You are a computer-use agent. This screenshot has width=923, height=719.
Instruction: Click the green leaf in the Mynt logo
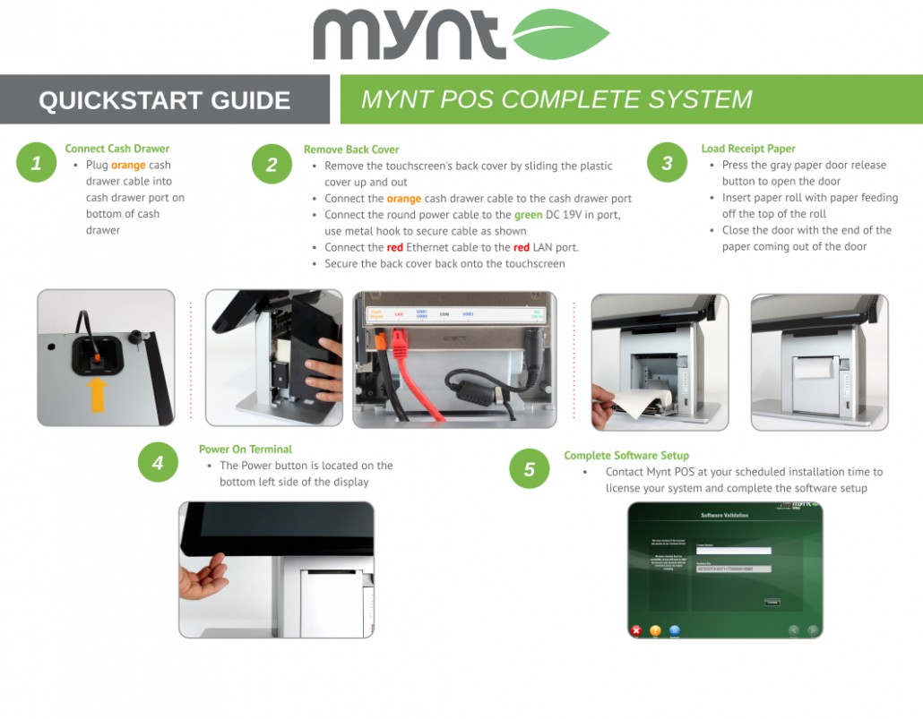559,34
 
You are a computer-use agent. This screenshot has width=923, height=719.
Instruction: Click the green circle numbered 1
37,163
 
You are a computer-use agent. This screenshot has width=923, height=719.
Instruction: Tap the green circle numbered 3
667,163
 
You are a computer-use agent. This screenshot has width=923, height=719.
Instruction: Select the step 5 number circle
530,469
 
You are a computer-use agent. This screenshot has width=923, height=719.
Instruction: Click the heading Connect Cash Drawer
116,149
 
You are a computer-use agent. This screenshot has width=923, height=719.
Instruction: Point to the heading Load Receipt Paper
747,149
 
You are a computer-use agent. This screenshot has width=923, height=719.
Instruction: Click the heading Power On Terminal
245,449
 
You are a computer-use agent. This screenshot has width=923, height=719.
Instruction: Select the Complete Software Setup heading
625,456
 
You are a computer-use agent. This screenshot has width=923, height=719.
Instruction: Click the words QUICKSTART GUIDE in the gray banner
164,100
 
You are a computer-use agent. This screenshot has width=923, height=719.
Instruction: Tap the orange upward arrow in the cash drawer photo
99,393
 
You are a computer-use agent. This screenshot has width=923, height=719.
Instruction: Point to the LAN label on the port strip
399,314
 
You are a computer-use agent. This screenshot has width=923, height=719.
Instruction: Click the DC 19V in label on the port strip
536,315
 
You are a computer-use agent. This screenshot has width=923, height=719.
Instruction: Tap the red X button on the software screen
636,630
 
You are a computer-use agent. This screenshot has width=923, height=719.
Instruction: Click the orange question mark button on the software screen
655,630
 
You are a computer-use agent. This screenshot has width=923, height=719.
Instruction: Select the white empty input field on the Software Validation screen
733,551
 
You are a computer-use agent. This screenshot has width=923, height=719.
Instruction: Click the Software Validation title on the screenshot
723,516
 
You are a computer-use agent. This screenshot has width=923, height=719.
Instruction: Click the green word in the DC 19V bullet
528,215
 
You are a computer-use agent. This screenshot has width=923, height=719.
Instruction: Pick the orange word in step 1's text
128,166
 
